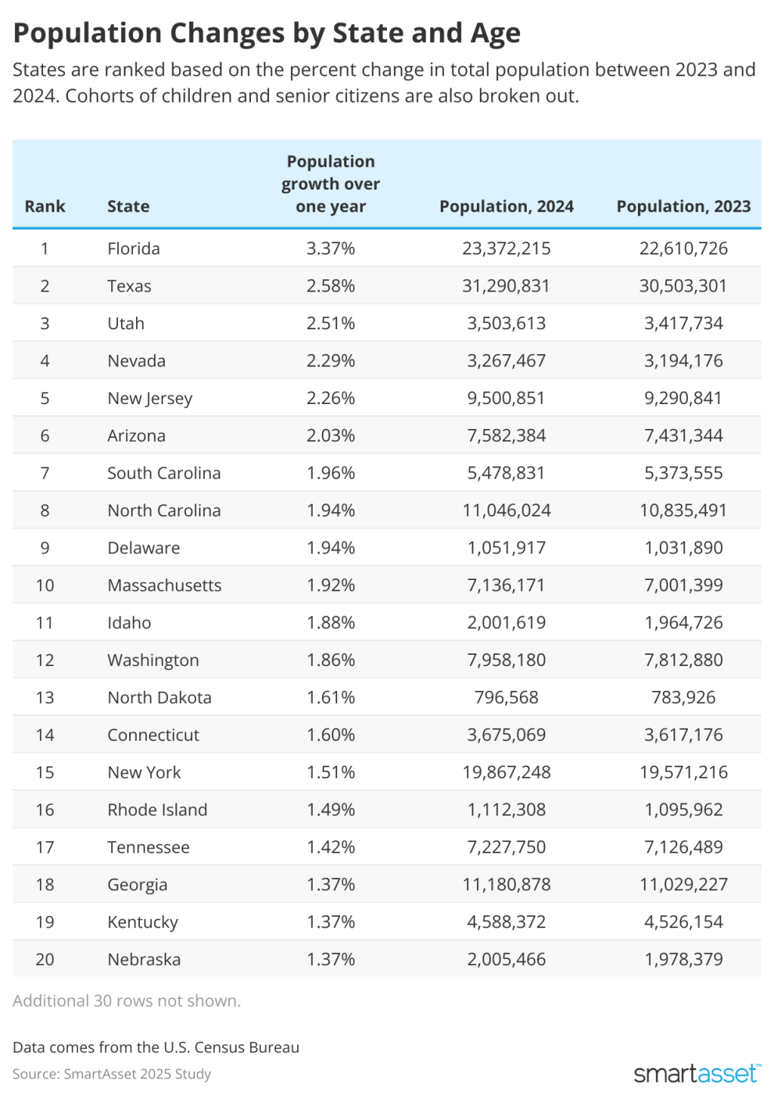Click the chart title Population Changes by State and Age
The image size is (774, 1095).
pyautogui.click(x=267, y=34)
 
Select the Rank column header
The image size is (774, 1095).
pyautogui.click(x=45, y=206)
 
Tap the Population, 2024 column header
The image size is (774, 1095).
pyautogui.click(x=506, y=206)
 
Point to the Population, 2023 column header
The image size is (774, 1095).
pyautogui.click(x=683, y=206)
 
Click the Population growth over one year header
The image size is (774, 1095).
pyautogui.click(x=330, y=184)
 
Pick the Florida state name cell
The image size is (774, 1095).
pyautogui.click(x=134, y=248)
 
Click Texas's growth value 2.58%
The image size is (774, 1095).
pyautogui.click(x=330, y=286)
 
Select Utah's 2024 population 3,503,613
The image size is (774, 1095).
pyautogui.click(x=506, y=323)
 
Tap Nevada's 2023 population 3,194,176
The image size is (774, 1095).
pyautogui.click(x=683, y=361)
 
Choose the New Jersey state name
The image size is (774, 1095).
pyautogui.click(x=150, y=398)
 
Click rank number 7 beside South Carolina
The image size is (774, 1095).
pyautogui.click(x=45, y=473)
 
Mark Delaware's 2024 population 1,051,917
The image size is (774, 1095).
pyautogui.click(x=506, y=547)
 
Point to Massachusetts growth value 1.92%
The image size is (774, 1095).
pyautogui.click(x=330, y=585)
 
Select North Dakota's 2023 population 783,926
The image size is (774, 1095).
pyautogui.click(x=683, y=697)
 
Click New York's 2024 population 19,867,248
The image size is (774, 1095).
pyautogui.click(x=506, y=772)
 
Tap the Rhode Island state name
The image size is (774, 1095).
pyautogui.click(x=157, y=810)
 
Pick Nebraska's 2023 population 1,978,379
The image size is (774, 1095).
pyautogui.click(x=683, y=959)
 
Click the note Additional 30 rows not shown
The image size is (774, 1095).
pyautogui.click(x=127, y=1001)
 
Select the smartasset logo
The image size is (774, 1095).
pyautogui.click(x=696, y=1073)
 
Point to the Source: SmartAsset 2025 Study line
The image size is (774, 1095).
pyautogui.click(x=112, y=1074)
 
